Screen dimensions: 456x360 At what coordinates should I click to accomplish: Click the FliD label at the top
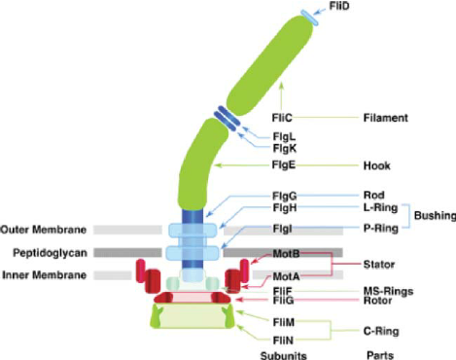click(339, 6)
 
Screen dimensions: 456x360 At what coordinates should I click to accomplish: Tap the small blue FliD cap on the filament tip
click(309, 18)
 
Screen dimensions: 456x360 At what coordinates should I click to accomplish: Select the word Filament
click(385, 118)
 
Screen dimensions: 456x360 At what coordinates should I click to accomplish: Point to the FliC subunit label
click(282, 118)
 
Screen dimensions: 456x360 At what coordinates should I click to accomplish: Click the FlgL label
click(284, 136)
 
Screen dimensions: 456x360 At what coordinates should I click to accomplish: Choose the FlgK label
click(285, 148)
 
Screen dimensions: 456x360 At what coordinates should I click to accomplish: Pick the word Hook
click(376, 165)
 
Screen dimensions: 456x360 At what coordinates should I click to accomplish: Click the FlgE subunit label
click(284, 165)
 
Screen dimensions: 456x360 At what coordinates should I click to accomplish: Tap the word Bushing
click(435, 215)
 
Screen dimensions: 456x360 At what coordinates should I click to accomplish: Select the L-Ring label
click(380, 207)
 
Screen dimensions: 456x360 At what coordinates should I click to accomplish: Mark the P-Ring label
click(380, 229)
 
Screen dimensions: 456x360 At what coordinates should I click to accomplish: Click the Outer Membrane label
click(44, 230)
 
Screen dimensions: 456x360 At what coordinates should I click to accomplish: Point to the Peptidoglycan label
click(50, 253)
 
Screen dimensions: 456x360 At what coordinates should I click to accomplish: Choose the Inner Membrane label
click(44, 275)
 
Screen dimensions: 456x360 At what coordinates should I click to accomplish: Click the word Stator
click(379, 265)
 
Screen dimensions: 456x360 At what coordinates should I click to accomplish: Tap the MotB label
click(286, 253)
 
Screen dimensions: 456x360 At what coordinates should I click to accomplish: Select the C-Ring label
click(381, 331)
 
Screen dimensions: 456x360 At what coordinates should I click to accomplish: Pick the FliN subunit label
click(283, 341)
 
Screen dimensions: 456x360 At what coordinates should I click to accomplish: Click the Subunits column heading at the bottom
click(283, 355)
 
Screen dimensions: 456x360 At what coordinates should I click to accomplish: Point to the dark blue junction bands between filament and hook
click(228, 118)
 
